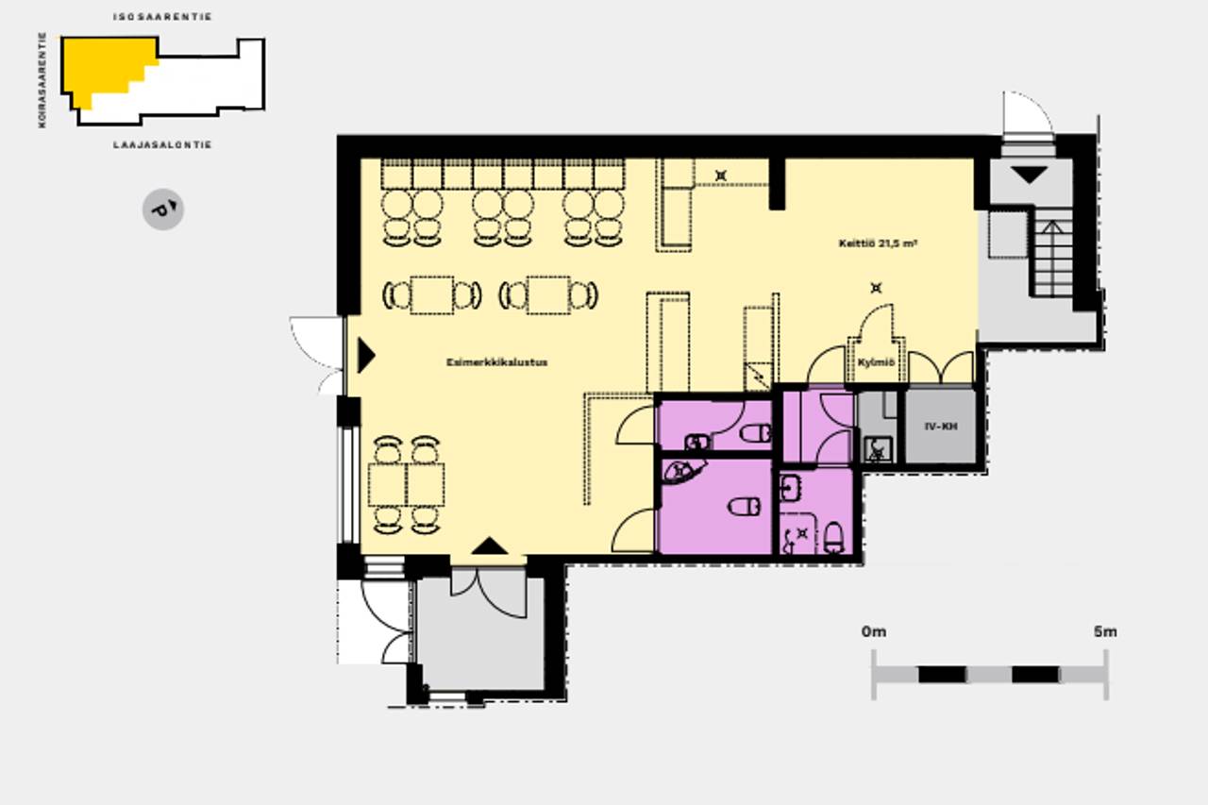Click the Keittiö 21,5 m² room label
click(x=878, y=243)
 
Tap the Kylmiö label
click(x=876, y=362)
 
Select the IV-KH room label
click(x=941, y=427)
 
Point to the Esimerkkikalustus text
click(x=496, y=362)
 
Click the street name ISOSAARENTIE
click(x=162, y=17)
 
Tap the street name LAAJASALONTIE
click(x=162, y=144)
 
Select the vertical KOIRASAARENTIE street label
click(x=42, y=80)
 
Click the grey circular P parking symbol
click(x=163, y=210)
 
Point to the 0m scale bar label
click(x=874, y=631)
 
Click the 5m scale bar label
click(x=1105, y=631)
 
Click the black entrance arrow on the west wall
click(x=366, y=356)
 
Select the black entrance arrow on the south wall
click(x=489, y=545)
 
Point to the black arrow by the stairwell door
click(x=1029, y=175)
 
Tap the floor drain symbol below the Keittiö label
click(x=876, y=289)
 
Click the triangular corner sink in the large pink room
click(x=682, y=471)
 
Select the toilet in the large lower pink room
click(x=745, y=506)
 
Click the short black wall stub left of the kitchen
click(x=777, y=183)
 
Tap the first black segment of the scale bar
click(x=942, y=675)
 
